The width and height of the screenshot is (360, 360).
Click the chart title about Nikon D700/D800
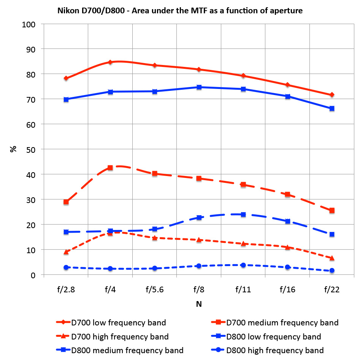tap(180, 11)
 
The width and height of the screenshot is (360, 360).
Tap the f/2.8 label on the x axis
tap(66, 290)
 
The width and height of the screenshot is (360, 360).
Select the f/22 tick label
tap(332, 290)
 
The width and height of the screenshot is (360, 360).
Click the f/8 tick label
tap(199, 290)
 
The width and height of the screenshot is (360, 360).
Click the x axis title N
tap(199, 304)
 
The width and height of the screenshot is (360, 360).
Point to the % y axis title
tap(13, 149)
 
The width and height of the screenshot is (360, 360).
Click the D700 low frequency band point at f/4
tap(110, 62)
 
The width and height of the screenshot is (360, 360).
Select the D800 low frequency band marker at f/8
tap(199, 87)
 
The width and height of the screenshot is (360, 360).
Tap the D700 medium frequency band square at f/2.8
tap(66, 202)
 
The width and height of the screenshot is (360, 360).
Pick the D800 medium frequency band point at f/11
tap(243, 214)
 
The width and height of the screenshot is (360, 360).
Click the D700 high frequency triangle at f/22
tap(332, 258)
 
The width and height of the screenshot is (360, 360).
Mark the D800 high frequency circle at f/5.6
tap(155, 268)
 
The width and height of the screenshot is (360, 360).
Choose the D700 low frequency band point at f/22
tap(332, 95)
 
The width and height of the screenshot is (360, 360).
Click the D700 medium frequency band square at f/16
tap(288, 194)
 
